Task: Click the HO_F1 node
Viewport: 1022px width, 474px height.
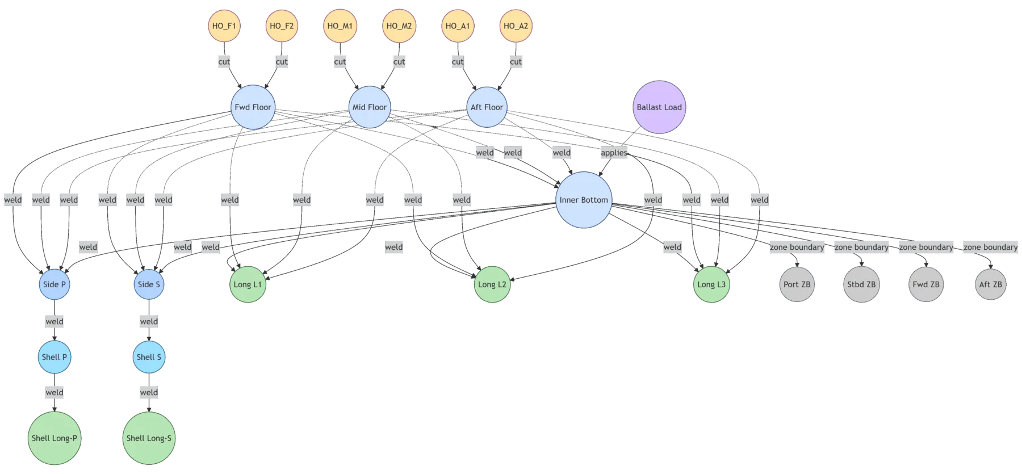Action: point(224,26)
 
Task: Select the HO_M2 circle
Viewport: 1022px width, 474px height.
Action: point(399,26)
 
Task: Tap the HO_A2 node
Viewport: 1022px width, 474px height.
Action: point(516,26)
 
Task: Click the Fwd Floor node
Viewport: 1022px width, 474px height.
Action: point(253,107)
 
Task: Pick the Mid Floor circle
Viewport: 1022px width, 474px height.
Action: point(369,107)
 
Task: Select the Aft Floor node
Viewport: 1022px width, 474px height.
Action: point(487,107)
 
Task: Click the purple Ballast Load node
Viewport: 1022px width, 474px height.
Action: point(659,107)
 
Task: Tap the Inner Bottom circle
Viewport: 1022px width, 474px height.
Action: point(584,200)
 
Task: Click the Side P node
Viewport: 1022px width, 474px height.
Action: point(55,284)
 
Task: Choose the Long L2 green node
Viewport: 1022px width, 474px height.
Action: point(492,284)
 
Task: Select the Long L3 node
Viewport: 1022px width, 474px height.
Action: point(711,284)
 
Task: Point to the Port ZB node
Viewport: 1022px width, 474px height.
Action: point(797,284)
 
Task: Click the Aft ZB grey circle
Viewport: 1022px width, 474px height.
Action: point(990,284)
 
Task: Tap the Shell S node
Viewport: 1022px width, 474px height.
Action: point(149,357)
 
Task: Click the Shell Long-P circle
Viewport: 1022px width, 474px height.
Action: point(55,438)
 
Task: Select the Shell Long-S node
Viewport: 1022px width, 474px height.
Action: point(149,438)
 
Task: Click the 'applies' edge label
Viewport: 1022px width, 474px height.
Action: point(614,153)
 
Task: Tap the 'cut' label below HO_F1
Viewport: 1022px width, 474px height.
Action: point(224,61)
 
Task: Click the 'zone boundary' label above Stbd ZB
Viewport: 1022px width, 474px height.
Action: point(861,247)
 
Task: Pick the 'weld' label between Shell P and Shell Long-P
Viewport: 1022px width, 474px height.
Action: point(55,392)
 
